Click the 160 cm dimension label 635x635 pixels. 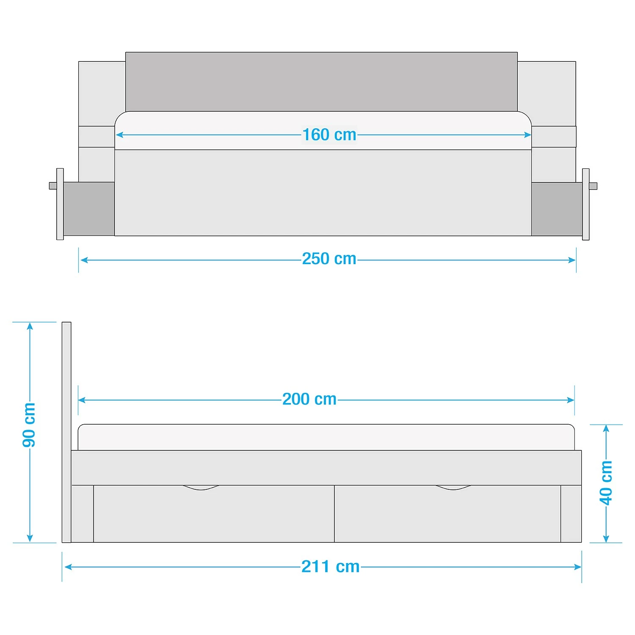(329, 135)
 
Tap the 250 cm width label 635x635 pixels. (329, 259)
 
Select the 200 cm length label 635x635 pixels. (309, 399)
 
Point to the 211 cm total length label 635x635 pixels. (331, 566)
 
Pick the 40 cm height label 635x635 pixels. (606, 483)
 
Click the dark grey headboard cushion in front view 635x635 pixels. (321, 82)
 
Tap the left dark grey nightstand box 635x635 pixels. (89, 209)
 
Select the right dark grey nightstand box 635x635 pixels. (557, 209)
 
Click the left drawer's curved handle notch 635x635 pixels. (201, 488)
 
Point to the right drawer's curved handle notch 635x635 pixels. (453, 488)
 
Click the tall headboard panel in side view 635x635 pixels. (66, 432)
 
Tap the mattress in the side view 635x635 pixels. (326, 437)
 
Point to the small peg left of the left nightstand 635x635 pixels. (53, 186)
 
